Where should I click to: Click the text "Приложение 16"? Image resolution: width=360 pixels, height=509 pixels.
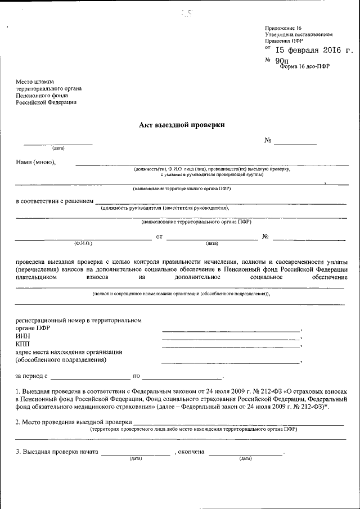click(283, 28)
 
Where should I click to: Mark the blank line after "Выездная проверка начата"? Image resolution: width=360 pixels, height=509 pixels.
click(136, 453)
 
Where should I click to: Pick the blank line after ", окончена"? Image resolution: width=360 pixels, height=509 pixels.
click(245, 453)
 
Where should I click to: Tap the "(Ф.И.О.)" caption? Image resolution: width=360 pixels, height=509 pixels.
click(83, 244)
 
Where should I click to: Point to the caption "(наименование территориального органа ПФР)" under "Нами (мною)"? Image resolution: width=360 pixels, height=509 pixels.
click(182, 188)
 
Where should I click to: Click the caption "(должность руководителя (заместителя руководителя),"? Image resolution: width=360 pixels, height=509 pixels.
click(165, 208)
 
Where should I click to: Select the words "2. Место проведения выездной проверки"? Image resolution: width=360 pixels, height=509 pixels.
click(74, 422)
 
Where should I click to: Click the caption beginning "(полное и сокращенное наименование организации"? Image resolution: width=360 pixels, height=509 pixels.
click(181, 294)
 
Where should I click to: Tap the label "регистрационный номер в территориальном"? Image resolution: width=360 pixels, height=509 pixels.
click(79, 321)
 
